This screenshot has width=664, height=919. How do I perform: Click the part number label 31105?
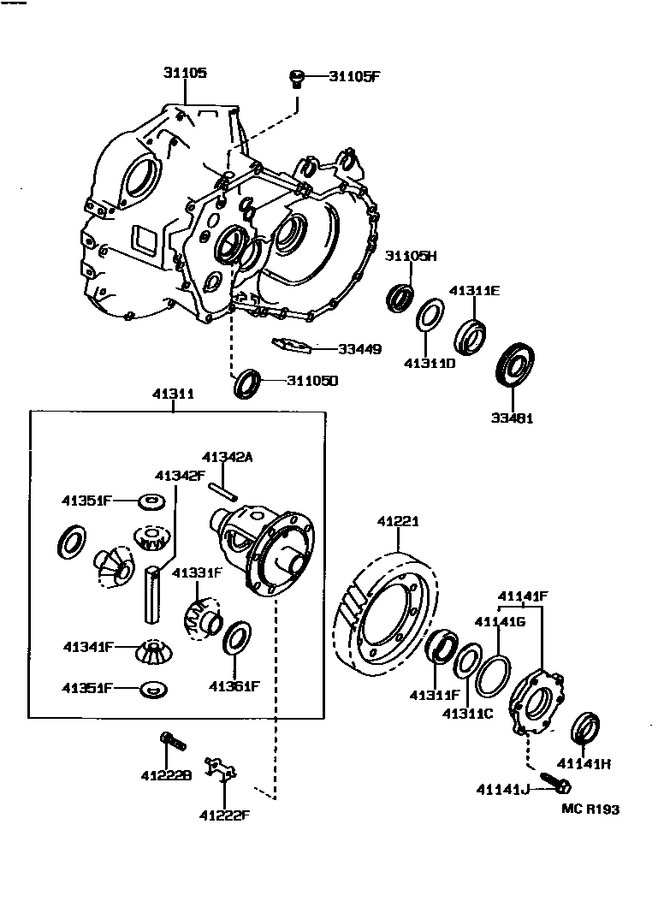coord(185,74)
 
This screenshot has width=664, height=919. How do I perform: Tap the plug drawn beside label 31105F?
coord(297,80)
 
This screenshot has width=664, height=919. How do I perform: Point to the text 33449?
coord(359,349)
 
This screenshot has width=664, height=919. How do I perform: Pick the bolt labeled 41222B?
coord(172,741)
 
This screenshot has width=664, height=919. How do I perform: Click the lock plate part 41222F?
coord(222,768)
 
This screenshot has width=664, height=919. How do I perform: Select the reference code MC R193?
coord(590,809)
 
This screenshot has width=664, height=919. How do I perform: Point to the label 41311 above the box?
coord(173,394)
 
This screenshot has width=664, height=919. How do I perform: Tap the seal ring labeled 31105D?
coord(247,382)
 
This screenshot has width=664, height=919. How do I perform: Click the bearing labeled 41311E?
coord(469,335)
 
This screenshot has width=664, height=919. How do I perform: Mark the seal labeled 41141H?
coord(585,728)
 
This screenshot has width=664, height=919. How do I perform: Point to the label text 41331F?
coord(198,572)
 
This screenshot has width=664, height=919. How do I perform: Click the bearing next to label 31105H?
coord(400,295)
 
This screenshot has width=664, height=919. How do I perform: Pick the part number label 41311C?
coord(467,713)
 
